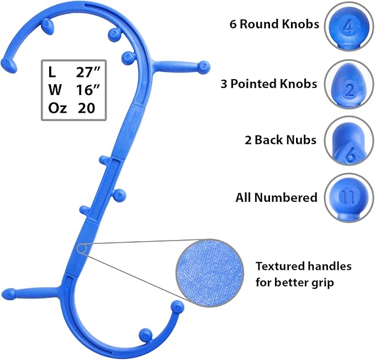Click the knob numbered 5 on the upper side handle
coord(205,66)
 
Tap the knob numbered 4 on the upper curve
coord(128,55)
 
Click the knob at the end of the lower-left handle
coord(8,294)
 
